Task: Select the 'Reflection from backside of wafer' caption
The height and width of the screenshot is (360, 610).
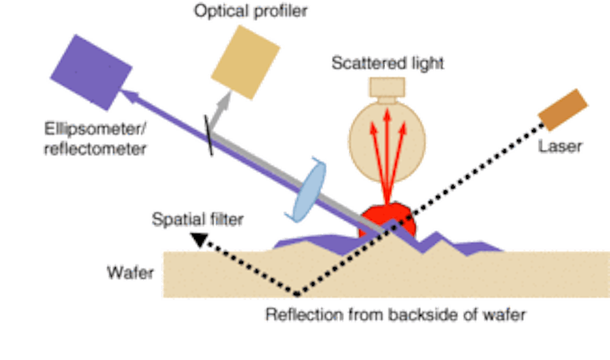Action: (395, 315)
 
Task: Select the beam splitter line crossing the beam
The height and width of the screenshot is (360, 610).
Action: (209, 134)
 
